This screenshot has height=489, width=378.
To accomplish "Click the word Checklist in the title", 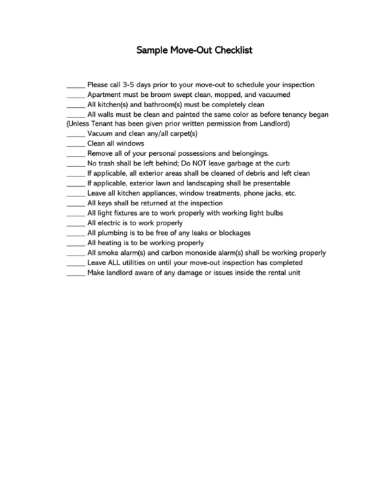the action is pos(235,51).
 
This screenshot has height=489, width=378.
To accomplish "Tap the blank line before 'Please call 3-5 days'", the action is pos(76,85).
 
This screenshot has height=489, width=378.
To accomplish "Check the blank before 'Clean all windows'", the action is pos(76,144).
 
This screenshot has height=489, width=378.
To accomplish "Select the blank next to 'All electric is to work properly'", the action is pos(76,223).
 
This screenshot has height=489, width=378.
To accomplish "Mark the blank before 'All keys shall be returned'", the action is pos(76,203).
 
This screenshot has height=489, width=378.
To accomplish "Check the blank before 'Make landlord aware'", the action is pos(76,273).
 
